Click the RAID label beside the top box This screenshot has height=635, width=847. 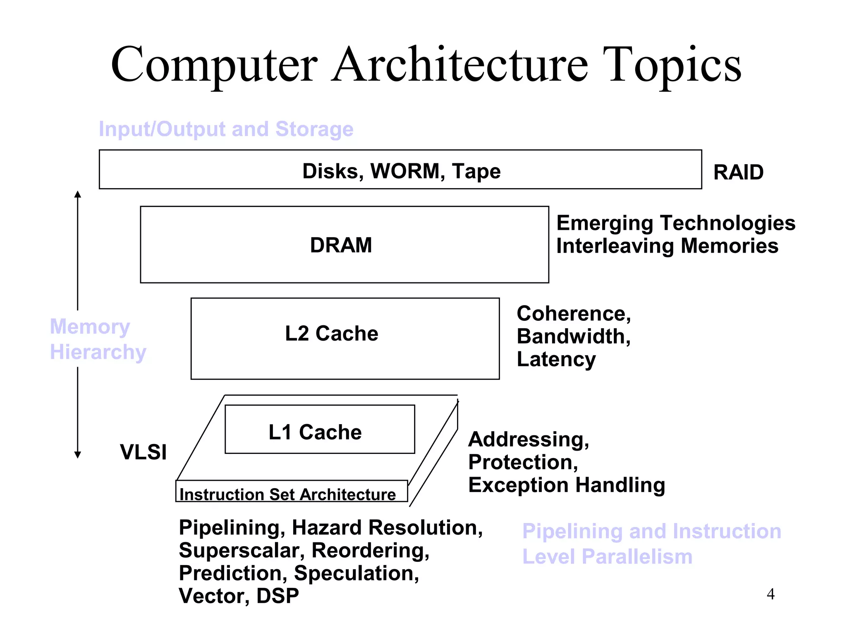738,172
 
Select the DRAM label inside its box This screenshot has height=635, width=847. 341,245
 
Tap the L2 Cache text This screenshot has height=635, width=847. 331,333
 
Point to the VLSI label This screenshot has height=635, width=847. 143,451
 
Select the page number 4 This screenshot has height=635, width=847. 770,594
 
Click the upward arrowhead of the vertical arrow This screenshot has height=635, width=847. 77,194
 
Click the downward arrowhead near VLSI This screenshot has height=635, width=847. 77,455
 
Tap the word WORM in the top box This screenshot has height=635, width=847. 405,171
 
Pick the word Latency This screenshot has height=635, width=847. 556,359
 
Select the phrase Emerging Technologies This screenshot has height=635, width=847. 675,223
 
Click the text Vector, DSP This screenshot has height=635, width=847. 239,596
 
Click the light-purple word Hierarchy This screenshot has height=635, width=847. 98,352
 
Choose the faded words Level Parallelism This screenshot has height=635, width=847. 607,556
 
